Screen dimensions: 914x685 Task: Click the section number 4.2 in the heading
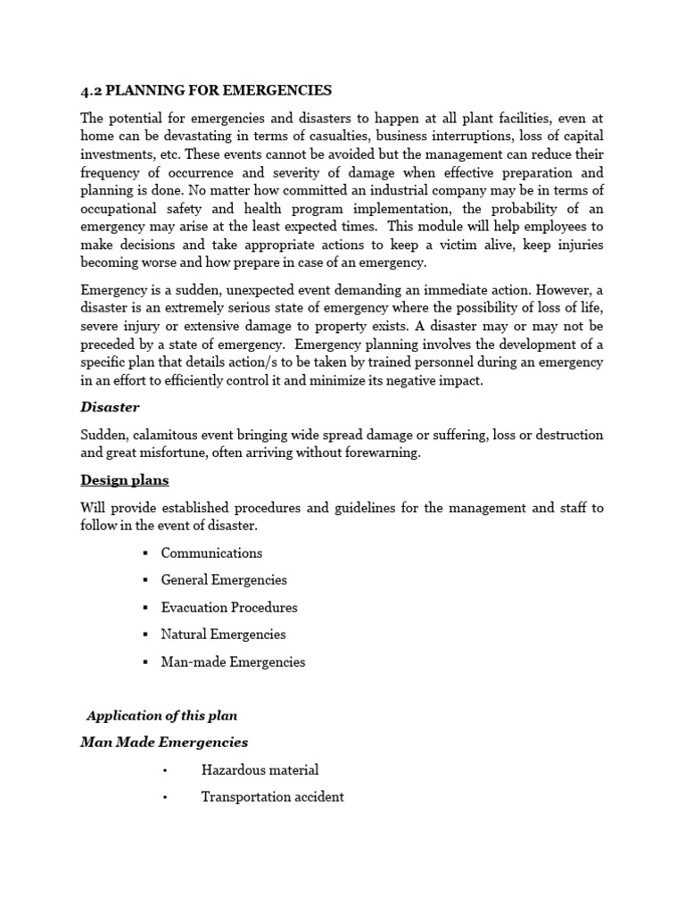coord(91,90)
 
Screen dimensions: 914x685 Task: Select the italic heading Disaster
coord(110,407)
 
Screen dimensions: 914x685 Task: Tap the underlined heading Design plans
coord(124,480)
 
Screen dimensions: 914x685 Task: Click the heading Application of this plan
coord(161,716)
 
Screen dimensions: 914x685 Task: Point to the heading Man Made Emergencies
coord(164,743)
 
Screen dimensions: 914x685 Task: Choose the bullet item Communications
coord(211,553)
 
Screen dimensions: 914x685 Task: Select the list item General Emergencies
coord(224,580)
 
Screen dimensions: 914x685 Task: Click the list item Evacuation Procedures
coord(229,608)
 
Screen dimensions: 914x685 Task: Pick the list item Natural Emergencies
coord(223,635)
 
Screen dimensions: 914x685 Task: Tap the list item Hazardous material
coord(260,770)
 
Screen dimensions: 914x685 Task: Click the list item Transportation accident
coord(272,797)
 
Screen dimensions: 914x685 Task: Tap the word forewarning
coord(377,453)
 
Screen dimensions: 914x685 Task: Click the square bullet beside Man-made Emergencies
coord(144,662)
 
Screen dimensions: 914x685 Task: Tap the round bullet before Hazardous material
coord(166,770)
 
